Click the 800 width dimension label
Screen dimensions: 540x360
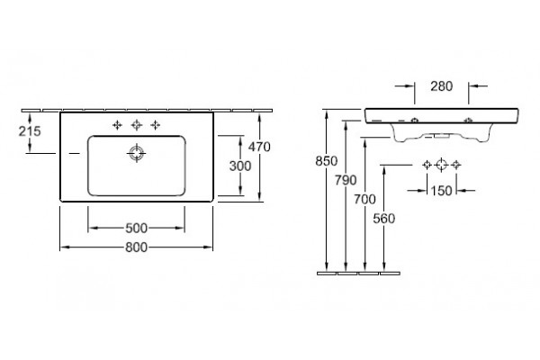(x=137, y=247)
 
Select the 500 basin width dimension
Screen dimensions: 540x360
(x=137, y=228)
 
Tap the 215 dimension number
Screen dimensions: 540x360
(x=30, y=131)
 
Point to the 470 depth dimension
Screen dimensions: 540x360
(x=259, y=147)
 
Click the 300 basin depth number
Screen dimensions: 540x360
(x=240, y=166)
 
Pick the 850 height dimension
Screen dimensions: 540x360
(x=327, y=161)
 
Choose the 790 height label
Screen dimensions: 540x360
(x=346, y=180)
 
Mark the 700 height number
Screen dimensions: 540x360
(x=365, y=199)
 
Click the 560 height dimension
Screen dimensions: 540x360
(x=384, y=219)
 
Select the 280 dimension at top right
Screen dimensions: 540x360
(x=442, y=86)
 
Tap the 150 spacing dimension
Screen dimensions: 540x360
(x=442, y=191)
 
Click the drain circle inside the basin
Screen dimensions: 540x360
(x=137, y=153)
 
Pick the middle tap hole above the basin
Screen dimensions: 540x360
(x=137, y=125)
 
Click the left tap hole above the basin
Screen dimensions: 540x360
(x=117, y=125)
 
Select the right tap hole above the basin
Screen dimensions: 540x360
(x=156, y=125)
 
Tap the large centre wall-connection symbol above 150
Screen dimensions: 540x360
(x=442, y=165)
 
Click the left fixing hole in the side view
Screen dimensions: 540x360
(x=415, y=121)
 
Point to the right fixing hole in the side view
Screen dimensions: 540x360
(x=468, y=121)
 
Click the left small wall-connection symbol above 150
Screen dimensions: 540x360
(x=427, y=165)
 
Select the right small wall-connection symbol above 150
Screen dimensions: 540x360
(x=456, y=165)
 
